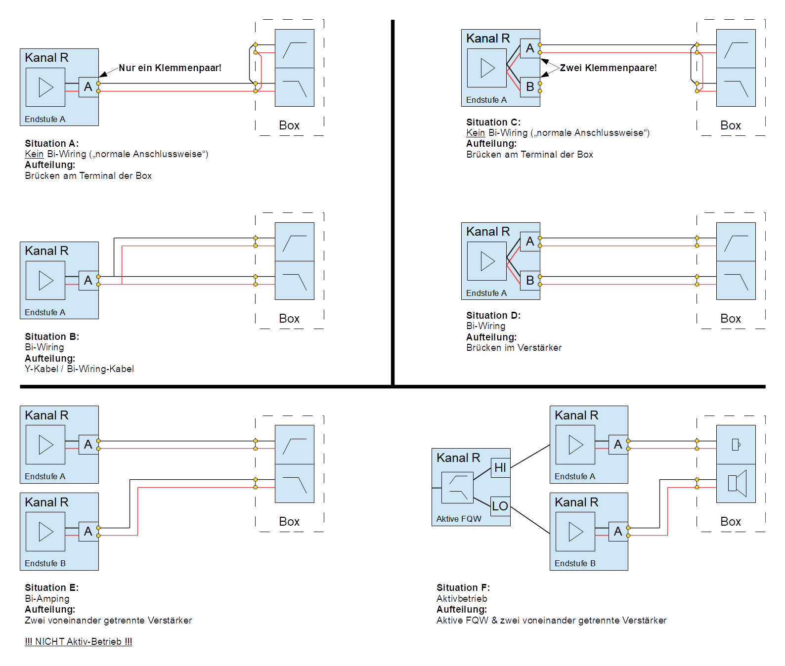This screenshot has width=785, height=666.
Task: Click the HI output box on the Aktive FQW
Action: coord(500,467)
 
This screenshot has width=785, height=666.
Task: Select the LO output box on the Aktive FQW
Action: coord(500,506)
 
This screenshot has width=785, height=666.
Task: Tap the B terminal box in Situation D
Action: coord(530,280)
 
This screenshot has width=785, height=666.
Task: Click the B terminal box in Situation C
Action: coord(530,87)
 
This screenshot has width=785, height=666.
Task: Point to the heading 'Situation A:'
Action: coord(52,143)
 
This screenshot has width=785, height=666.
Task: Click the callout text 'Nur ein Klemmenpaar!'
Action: coord(170,68)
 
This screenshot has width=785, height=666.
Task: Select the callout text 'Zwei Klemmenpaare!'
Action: coord(609,68)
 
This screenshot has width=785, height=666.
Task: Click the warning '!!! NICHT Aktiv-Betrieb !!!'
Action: coord(79,641)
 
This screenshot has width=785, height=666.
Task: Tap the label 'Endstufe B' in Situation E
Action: coord(45,563)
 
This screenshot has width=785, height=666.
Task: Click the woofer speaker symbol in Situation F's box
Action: coord(737,483)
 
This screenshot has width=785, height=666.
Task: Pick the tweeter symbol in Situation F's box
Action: coord(736,445)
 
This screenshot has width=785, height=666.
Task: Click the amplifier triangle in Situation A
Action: coord(46,87)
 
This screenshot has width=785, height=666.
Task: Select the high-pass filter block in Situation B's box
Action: coord(295,242)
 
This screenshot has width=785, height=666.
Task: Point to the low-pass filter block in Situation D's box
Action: coord(736,280)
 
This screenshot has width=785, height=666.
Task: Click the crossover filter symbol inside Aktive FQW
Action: coord(458,488)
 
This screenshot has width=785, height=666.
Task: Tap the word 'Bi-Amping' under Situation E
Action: coord(47,598)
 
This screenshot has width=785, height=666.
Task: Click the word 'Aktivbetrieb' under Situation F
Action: coord(462,598)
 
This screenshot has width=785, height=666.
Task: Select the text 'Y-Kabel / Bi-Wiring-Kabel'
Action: coord(79,369)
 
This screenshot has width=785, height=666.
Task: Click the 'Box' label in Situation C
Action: coord(731,125)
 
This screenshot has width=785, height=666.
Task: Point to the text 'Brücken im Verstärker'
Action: coord(514,347)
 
